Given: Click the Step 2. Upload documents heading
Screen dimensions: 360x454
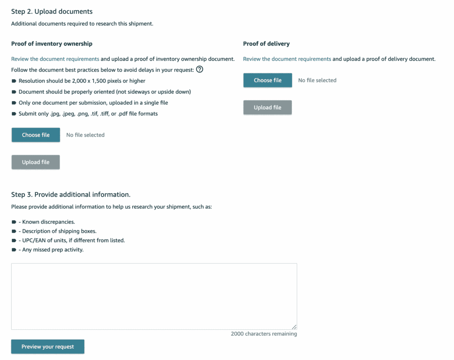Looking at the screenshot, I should (52, 12).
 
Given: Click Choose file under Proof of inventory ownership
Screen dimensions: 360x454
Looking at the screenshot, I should (35, 135).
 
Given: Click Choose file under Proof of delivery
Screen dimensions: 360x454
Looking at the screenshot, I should (267, 80).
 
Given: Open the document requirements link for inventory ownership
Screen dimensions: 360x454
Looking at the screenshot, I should (55, 59).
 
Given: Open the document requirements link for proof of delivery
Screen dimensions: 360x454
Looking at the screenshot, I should (287, 59).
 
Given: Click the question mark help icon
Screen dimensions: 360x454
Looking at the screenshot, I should (200, 69).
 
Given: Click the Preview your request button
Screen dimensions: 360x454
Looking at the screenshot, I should (47, 347).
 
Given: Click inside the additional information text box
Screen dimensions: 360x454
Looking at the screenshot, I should (154, 296).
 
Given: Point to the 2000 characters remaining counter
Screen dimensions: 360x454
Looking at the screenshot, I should (264, 334).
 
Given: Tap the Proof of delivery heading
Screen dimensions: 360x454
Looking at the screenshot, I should (266, 44).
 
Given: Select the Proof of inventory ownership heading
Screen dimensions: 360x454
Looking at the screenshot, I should (51, 44).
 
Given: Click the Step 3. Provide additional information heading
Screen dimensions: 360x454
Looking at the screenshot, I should (70, 195).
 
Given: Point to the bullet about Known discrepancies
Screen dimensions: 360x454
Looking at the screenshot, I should (47, 222).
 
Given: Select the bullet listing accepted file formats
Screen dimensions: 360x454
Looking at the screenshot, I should (88, 113).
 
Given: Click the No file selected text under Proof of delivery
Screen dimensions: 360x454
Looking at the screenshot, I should (317, 80).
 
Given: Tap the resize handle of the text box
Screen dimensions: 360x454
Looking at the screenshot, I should (294, 327).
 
